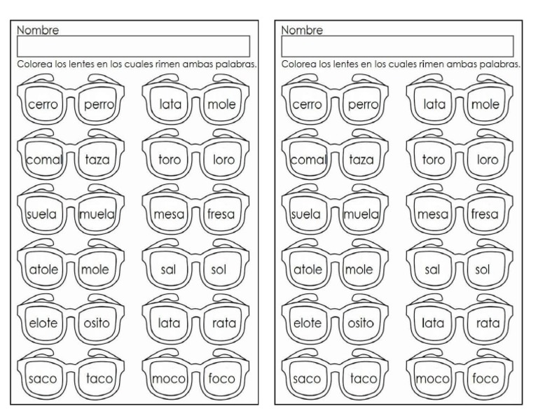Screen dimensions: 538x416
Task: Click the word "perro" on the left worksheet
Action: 98,105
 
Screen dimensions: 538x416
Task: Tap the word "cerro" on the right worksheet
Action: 306,105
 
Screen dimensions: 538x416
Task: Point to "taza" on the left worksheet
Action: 97,160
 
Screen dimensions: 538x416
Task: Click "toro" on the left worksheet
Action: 170,160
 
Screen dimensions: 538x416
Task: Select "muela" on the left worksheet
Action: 97,214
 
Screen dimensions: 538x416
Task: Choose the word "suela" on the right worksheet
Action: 306,214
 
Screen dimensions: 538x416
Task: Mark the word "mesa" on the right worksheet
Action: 434,214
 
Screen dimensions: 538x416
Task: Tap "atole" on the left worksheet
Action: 43,269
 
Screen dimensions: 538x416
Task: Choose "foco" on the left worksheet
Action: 222,379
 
